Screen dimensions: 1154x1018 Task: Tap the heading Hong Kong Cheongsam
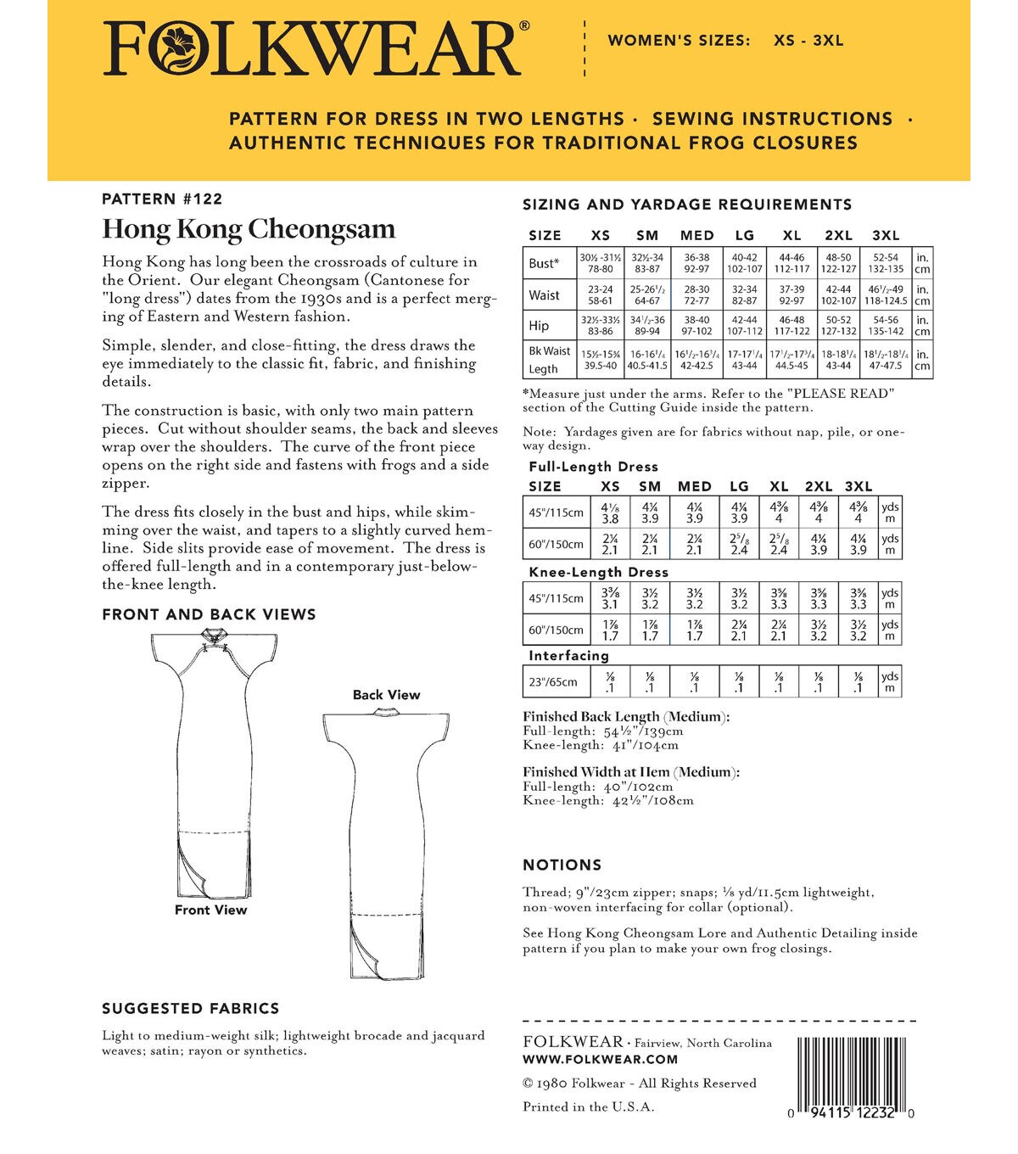click(x=249, y=229)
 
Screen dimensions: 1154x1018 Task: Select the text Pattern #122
click(x=162, y=199)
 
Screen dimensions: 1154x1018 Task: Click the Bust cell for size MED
click(x=696, y=263)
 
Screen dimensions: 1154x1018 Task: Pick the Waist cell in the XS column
click(x=600, y=295)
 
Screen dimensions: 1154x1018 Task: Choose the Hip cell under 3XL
click(x=886, y=326)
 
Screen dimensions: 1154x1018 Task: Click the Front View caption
click(x=210, y=910)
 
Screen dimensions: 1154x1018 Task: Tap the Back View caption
click(x=386, y=695)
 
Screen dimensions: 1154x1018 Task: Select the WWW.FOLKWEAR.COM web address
click(x=600, y=1059)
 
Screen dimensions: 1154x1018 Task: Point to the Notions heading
click(x=562, y=865)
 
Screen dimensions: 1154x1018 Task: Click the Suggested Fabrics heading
click(x=190, y=1009)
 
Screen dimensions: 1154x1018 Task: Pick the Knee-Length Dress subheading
click(x=598, y=573)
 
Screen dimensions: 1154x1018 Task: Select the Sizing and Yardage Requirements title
click(x=687, y=204)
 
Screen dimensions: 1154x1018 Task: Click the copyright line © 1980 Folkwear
click(x=639, y=1084)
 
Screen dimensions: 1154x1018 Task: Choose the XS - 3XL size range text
click(x=808, y=40)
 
